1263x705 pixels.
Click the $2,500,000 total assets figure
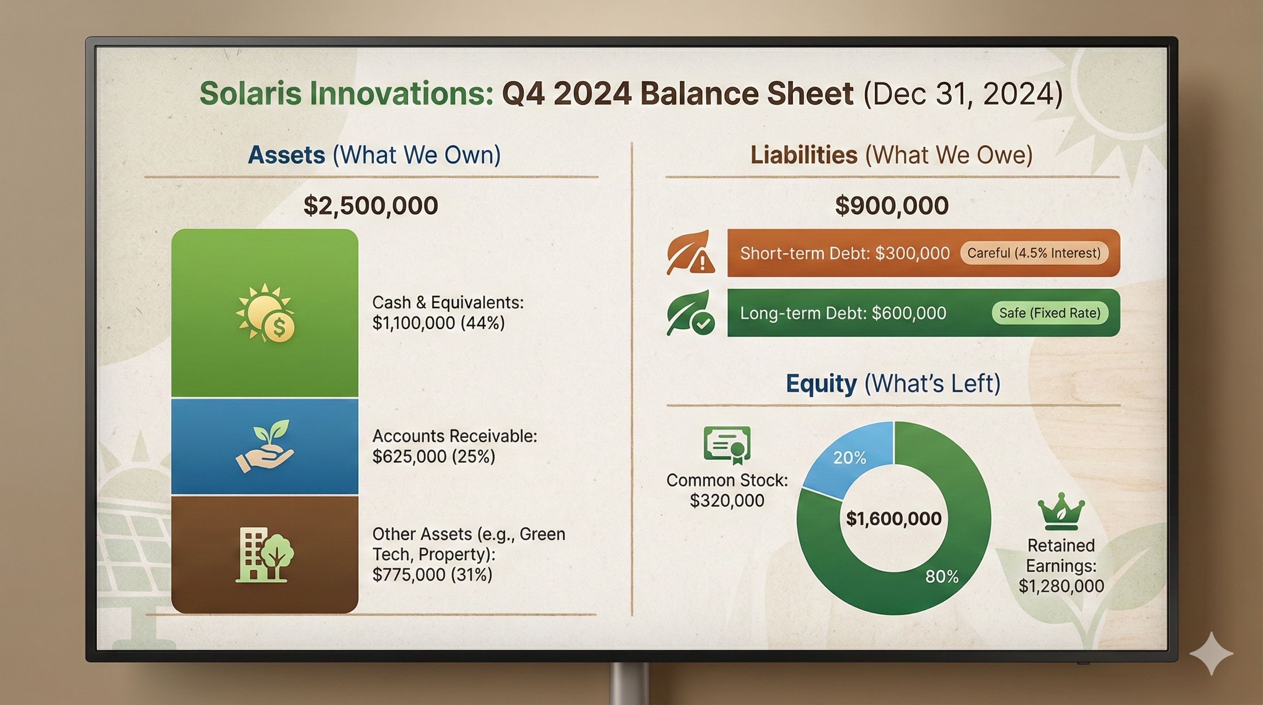[371, 206]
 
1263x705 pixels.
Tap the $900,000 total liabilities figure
[892, 206]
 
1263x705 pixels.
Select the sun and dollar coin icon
[265, 313]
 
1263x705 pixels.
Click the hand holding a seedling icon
[265, 446]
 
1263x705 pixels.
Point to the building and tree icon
[265, 555]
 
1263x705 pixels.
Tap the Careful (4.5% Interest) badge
[1034, 253]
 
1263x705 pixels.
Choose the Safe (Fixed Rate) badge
[1050, 313]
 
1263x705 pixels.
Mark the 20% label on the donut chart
[849, 458]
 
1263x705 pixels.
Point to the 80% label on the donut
[942, 576]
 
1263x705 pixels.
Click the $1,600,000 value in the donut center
[894, 519]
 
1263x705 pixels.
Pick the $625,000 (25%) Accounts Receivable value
[434, 456]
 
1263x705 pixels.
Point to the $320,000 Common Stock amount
[727, 501]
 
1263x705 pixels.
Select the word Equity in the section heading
[821, 383]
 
